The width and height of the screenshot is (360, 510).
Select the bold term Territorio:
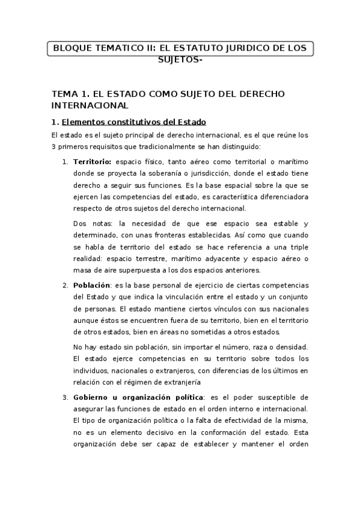[x=93, y=162]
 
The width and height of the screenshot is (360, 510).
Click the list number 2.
[x=65, y=284]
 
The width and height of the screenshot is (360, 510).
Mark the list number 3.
[x=65, y=398]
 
